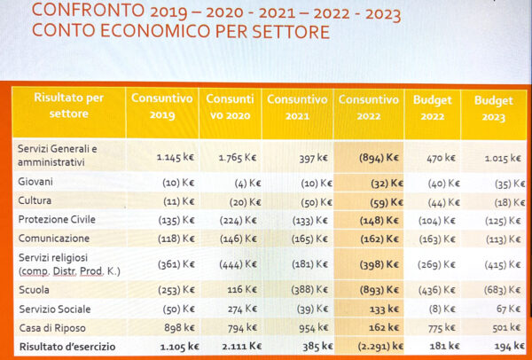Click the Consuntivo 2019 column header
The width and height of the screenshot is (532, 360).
(x=164, y=106)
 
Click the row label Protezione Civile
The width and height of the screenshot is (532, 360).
(x=59, y=219)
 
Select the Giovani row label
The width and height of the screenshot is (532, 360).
(x=35, y=181)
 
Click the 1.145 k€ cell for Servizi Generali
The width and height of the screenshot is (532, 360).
(x=176, y=157)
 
